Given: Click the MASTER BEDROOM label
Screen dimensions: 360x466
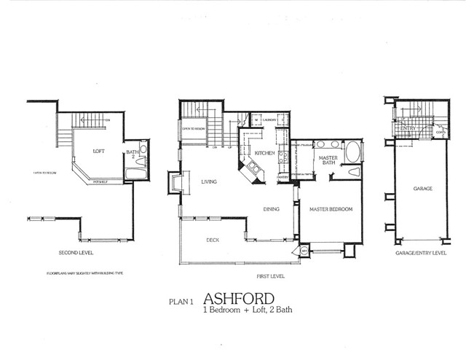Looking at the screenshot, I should [x=331, y=209].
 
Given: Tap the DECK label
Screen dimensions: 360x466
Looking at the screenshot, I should [x=213, y=240].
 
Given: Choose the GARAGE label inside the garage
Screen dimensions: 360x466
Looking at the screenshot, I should [x=422, y=189].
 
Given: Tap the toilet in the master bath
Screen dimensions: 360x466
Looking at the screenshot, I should [x=354, y=172].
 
